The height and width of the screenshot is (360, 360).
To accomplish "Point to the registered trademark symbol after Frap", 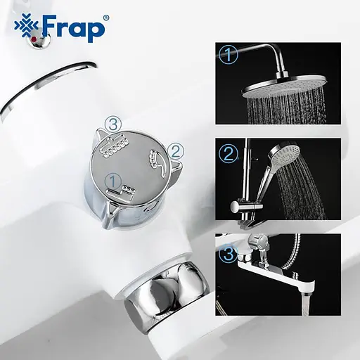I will pos(105,16).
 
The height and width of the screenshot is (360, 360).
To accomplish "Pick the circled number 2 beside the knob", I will pos(176,150).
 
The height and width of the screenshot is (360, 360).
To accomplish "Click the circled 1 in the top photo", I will pos(229,55).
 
